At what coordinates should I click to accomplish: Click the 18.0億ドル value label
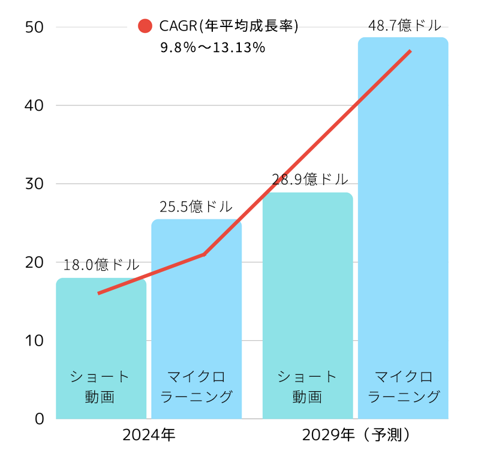(101, 264)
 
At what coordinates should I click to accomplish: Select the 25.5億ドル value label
(196, 207)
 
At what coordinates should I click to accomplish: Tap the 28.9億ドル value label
(309, 179)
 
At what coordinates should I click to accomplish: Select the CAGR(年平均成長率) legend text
(229, 26)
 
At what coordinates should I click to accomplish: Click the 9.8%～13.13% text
(212, 48)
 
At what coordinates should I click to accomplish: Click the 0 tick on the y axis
(40, 419)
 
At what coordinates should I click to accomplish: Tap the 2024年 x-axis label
(149, 435)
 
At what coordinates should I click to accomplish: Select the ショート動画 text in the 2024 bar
(100, 387)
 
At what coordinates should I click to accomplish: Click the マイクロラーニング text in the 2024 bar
(196, 387)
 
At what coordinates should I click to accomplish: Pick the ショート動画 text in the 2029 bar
(308, 387)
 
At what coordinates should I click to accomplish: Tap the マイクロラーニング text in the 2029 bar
(404, 387)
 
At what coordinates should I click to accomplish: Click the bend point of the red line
(205, 254)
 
